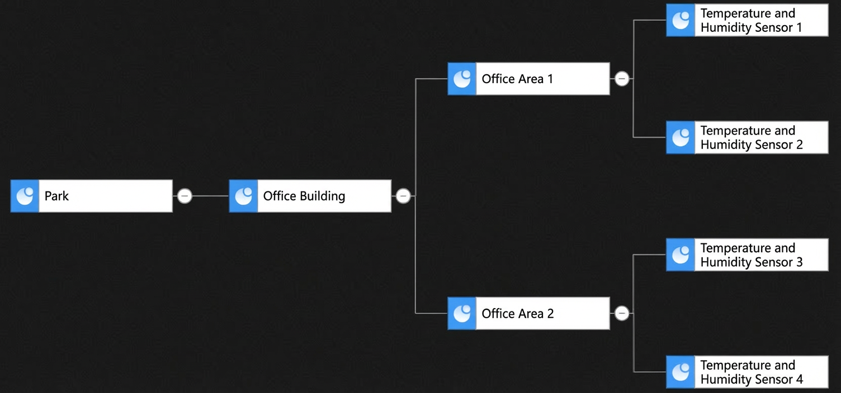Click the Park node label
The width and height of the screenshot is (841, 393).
pos(56,196)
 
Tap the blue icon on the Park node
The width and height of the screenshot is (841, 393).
pos(25,196)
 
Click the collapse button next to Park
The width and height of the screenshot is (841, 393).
pos(185,196)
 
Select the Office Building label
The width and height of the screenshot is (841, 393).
pos(304,196)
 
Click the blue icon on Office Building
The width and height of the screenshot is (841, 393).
pos(243,196)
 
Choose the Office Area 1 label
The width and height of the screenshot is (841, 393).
pos(517,79)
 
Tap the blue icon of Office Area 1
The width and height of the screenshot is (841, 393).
pos(462,79)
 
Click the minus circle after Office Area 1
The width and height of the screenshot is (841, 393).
pos(622,79)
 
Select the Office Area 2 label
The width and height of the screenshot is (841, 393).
pos(518,314)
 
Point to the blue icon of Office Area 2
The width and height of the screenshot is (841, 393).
pos(462,314)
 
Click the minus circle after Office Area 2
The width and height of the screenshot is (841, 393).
pos(622,313)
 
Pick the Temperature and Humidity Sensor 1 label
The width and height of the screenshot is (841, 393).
pos(752,20)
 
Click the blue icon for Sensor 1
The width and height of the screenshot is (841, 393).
pos(681,20)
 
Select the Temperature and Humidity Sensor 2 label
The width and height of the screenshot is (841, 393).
pos(752,137)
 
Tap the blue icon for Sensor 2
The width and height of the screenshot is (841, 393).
pos(681,137)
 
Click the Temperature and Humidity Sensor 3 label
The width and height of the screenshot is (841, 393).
pos(752,255)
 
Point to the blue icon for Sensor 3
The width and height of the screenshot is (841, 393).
pos(681,255)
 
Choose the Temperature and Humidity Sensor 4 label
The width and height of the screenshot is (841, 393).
pos(752,372)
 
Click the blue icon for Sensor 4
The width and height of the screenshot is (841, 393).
pos(681,372)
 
